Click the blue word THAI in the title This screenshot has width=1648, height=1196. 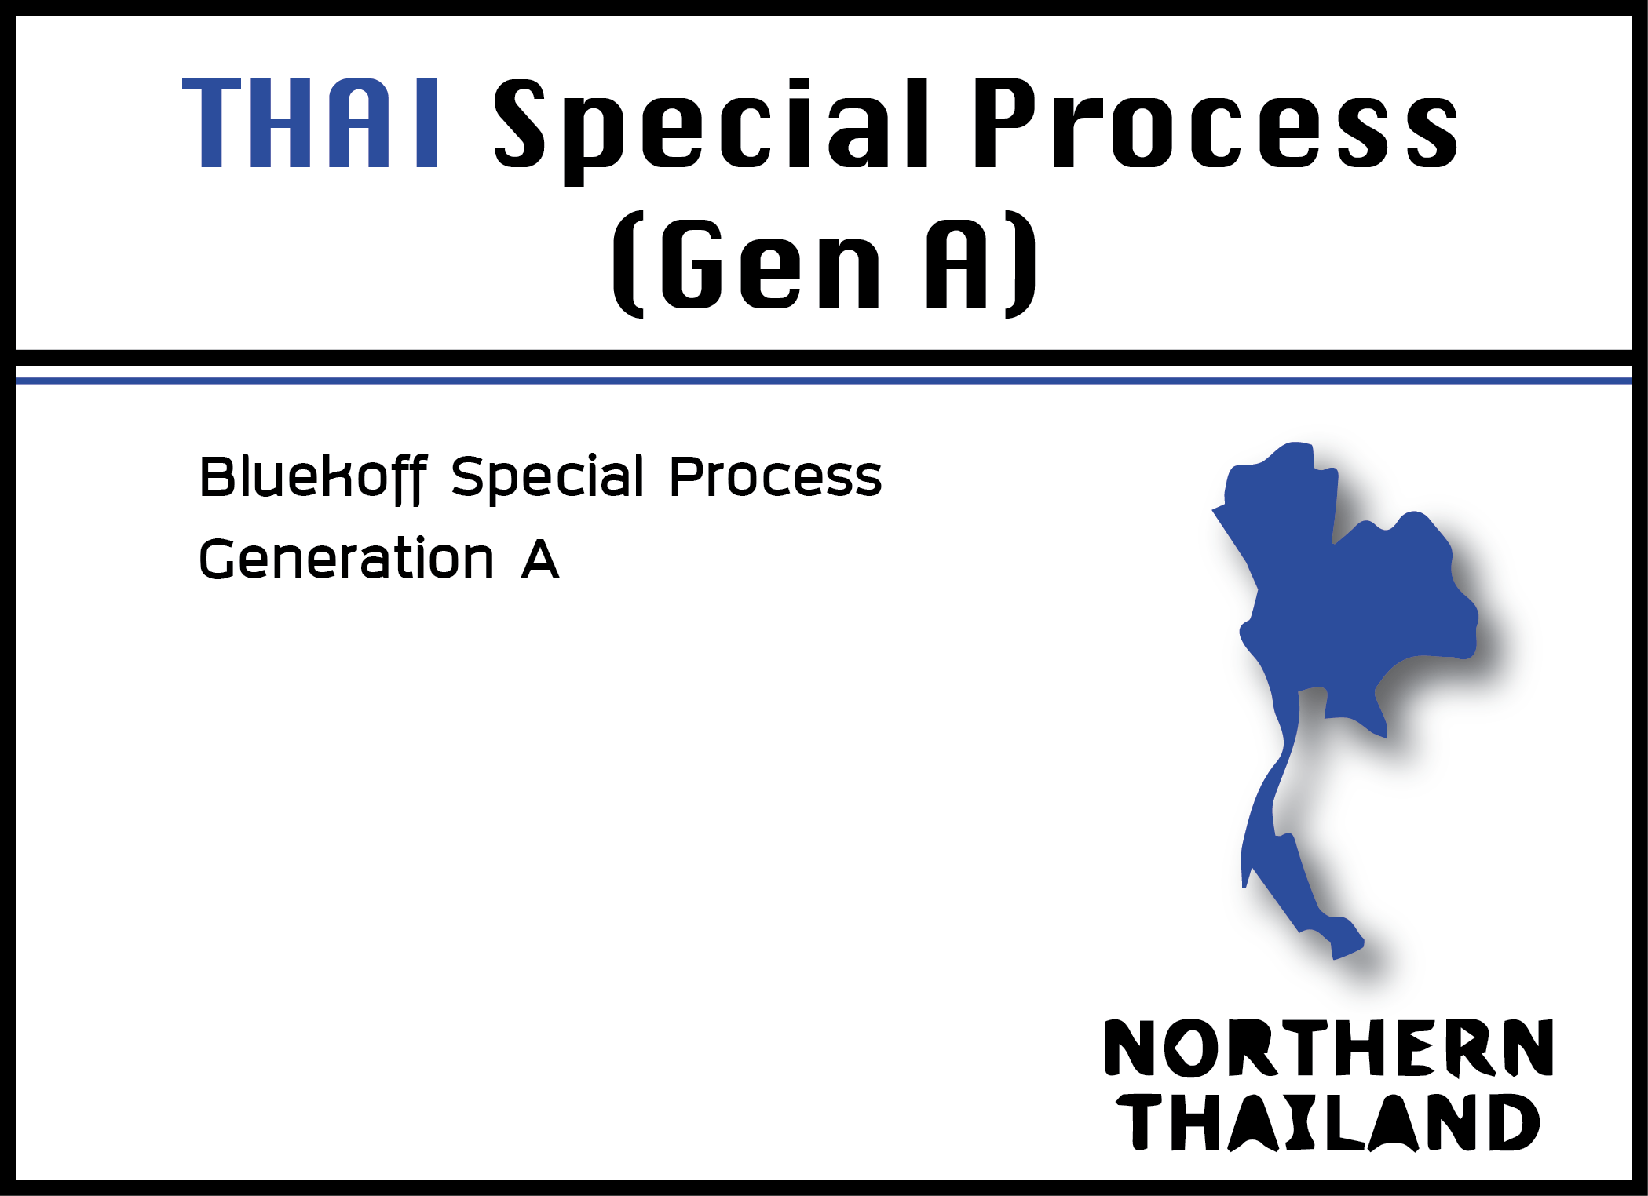(x=310, y=123)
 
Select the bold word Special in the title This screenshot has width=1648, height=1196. (x=711, y=131)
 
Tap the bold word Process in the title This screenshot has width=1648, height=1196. (x=1215, y=123)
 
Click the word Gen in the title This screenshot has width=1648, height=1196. (x=771, y=264)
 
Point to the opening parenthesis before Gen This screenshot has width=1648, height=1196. (x=628, y=264)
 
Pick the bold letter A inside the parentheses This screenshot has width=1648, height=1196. (x=956, y=264)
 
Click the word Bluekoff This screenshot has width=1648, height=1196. (x=313, y=478)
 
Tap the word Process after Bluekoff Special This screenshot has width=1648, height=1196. (x=776, y=477)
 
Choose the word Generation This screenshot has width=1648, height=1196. (x=346, y=559)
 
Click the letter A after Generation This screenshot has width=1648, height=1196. (x=540, y=560)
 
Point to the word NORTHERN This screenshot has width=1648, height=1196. (x=1328, y=1048)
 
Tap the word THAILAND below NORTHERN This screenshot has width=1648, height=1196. (x=1328, y=1123)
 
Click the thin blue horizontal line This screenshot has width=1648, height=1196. (x=824, y=381)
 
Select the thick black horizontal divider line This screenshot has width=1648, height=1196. (x=824, y=358)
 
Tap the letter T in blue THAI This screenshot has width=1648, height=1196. (x=212, y=123)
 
